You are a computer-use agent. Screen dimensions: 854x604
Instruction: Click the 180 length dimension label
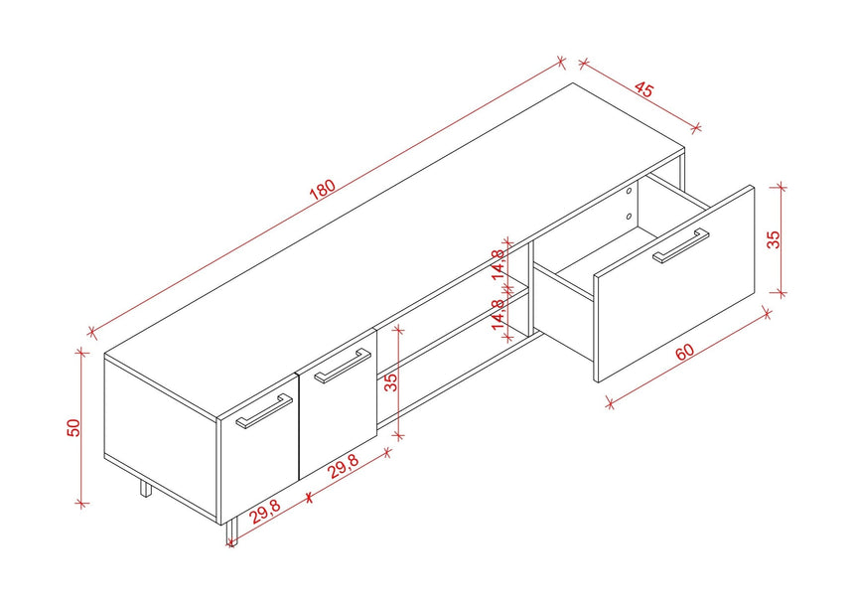coord(322,189)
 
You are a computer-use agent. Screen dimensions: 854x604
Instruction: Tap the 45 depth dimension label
coord(643,88)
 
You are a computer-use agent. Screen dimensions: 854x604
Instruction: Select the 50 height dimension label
coord(73,427)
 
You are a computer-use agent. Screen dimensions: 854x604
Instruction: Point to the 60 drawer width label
coord(685,352)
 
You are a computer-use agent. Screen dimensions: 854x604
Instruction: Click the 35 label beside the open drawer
coord(774,239)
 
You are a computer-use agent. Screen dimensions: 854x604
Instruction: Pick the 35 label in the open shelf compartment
coord(391,382)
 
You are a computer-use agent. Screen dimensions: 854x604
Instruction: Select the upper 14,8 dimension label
coord(498,264)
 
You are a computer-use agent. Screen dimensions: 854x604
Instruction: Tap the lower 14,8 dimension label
coord(498,314)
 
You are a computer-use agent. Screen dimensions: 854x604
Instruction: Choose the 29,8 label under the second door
coord(345,466)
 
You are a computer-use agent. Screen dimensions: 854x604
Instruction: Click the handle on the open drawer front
coord(681,245)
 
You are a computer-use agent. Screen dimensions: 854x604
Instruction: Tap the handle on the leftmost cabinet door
coord(264,411)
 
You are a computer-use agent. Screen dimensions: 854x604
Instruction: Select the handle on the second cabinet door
coord(344,366)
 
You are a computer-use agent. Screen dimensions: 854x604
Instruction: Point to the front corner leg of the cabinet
coord(232,532)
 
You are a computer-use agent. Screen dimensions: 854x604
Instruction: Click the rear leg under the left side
coord(145,488)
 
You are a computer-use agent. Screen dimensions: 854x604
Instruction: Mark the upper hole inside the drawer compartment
coord(629,191)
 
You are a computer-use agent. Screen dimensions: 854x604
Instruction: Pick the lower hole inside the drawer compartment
coord(629,217)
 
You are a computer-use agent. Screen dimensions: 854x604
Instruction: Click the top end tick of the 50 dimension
coord(81,353)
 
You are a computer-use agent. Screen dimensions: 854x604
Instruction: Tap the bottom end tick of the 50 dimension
coord(81,504)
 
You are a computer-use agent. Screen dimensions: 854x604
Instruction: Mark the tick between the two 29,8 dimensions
coord(310,496)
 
